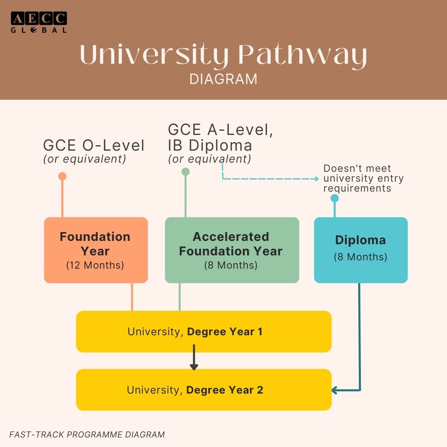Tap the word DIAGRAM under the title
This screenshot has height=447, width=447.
(x=223, y=79)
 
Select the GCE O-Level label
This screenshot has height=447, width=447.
(x=94, y=146)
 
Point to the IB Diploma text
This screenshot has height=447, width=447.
(x=210, y=145)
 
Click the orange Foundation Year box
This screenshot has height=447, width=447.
(x=96, y=250)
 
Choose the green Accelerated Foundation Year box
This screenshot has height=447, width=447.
(x=232, y=250)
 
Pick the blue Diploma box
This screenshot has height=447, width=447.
(x=360, y=250)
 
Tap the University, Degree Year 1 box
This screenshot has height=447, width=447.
(x=204, y=332)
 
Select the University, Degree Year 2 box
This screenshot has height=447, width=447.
(x=204, y=390)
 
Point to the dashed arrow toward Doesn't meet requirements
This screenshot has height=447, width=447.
(x=269, y=179)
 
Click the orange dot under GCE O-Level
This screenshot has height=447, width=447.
(x=62, y=176)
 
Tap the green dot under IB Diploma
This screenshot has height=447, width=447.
(x=185, y=171)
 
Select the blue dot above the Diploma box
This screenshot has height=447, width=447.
(x=334, y=198)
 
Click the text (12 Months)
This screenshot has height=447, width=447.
(x=95, y=265)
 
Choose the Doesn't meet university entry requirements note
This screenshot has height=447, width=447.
(x=363, y=178)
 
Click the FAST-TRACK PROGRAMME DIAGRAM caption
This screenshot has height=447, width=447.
(x=87, y=435)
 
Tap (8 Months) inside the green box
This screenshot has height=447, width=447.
(x=231, y=265)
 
